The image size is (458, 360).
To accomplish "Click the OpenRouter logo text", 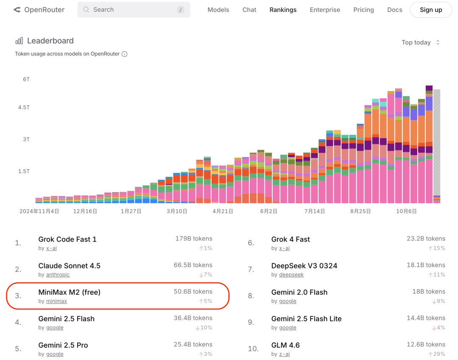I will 44,10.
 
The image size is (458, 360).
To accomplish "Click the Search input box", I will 134,10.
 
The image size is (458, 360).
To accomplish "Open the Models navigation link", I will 218,10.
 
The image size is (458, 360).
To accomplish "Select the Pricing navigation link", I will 363,10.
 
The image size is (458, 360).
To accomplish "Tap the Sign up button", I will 430,10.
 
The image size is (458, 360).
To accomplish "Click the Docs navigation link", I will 394,10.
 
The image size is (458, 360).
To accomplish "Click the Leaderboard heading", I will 50,41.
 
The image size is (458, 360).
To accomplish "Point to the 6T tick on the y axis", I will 26,79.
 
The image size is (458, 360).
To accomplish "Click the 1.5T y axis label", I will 24,171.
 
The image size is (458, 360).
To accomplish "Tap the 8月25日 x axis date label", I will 360,211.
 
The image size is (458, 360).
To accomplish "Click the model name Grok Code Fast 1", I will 67,239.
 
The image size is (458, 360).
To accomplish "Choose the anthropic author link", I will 58,275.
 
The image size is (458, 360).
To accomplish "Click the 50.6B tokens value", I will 193,292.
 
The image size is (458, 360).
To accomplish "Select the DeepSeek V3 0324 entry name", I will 304,266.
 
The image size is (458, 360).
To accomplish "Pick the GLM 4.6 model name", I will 285,345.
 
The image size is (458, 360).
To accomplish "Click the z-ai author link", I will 284,354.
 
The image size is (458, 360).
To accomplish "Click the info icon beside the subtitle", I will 124,54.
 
